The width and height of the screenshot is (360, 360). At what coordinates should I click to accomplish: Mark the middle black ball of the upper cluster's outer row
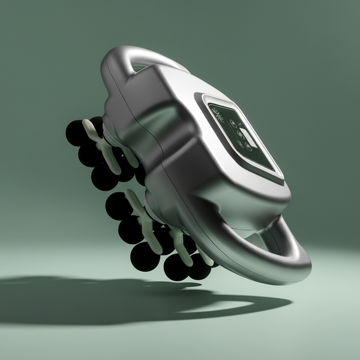coord(89,155)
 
